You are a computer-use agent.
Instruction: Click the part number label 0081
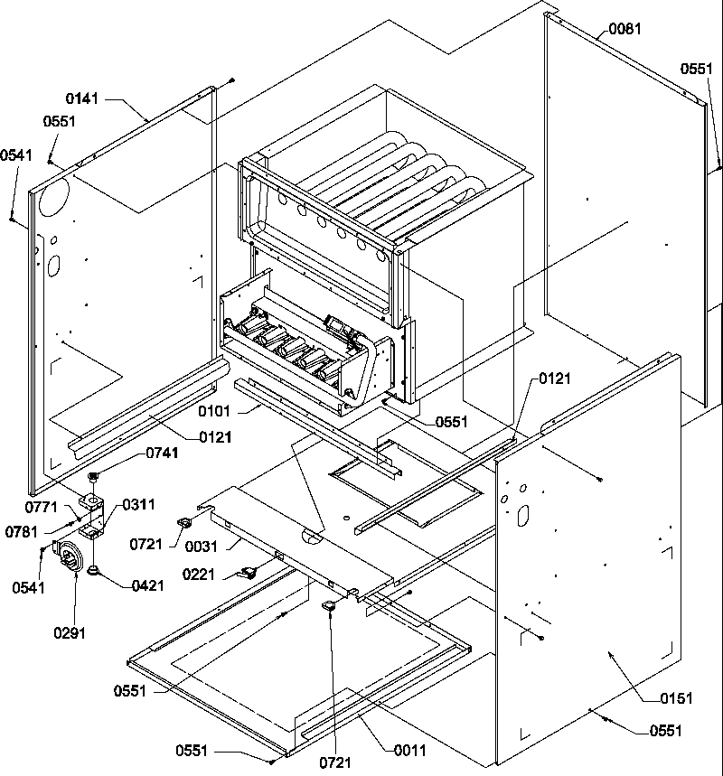(x=624, y=29)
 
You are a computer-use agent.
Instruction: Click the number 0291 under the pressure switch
(x=70, y=633)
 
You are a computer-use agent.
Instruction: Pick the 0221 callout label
(x=200, y=574)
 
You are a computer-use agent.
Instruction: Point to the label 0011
(x=408, y=750)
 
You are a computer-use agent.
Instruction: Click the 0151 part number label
(x=676, y=697)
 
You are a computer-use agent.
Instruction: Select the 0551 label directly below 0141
(x=59, y=121)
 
